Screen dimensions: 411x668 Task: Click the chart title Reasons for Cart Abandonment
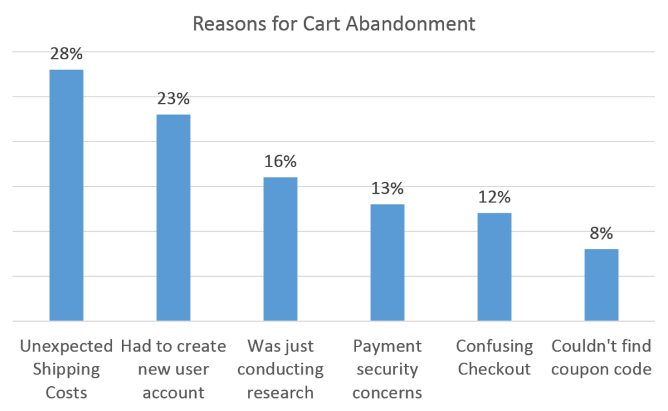333,24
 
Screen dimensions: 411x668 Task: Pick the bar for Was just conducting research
281,249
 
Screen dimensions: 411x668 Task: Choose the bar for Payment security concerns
387,262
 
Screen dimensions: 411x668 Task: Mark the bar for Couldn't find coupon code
601,284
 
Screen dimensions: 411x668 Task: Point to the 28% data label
67,55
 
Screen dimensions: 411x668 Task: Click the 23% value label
174,100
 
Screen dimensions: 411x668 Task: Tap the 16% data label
281,162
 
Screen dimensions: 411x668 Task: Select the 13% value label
387,189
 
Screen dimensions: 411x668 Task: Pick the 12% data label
494,198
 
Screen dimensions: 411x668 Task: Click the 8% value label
601,234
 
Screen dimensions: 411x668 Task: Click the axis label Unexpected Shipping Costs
66,369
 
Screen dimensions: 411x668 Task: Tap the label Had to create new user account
174,369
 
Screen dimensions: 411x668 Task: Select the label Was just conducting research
281,369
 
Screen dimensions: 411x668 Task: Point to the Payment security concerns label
387,369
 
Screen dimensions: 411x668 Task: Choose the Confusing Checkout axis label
494,358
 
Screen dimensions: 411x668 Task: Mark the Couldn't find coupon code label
601,358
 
